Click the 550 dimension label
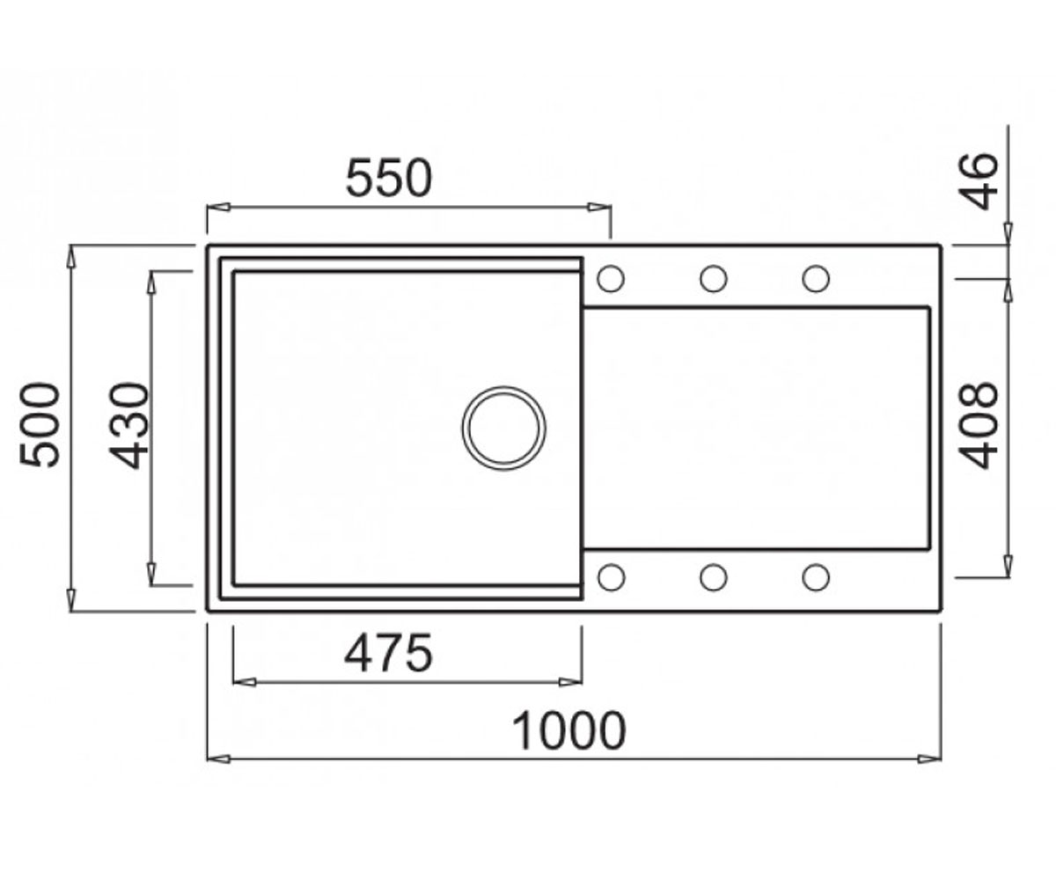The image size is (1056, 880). [x=389, y=178]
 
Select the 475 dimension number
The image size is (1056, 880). [x=388, y=654]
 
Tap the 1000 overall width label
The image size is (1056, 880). [x=569, y=731]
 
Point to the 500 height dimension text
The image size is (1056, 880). [x=40, y=425]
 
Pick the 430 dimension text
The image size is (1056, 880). [x=129, y=426]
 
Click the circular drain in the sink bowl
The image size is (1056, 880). [x=503, y=429]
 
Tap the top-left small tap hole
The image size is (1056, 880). [x=611, y=279]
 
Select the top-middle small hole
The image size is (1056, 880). [x=714, y=279]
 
